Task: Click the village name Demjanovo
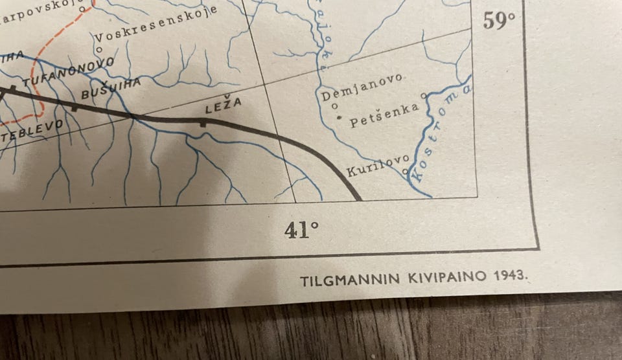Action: click(x=363, y=91)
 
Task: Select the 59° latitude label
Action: click(x=499, y=21)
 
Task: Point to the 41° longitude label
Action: click(x=301, y=229)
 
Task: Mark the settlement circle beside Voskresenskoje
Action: click(x=98, y=49)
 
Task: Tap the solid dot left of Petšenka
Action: click(x=340, y=118)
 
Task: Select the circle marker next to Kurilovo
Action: click(x=406, y=172)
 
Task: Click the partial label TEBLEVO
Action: click(x=32, y=130)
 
